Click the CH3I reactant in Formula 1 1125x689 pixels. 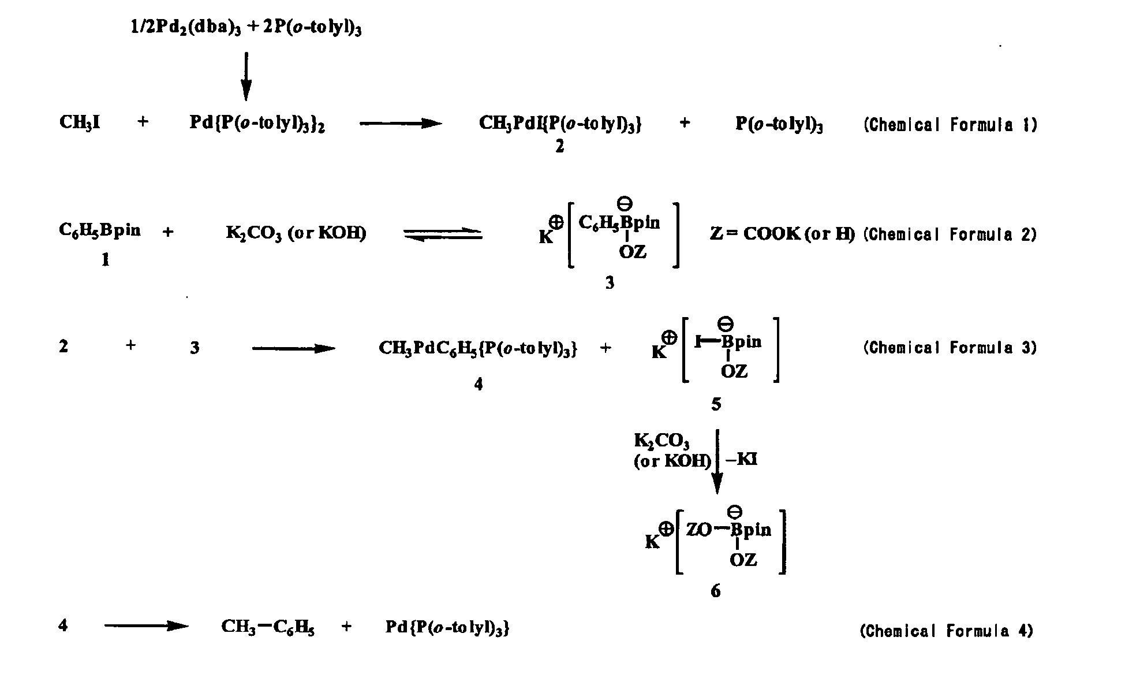[x=80, y=123]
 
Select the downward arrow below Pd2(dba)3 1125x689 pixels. [x=246, y=76]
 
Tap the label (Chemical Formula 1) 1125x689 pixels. [x=950, y=125]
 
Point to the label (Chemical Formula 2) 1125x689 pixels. [x=950, y=234]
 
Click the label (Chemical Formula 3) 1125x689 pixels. [x=950, y=347]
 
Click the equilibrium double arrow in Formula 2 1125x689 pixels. [x=443, y=234]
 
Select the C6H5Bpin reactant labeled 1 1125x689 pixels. [x=99, y=230]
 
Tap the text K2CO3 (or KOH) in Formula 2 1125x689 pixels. [x=296, y=233]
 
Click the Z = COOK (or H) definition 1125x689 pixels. [x=782, y=233]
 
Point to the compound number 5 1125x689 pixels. [x=716, y=404]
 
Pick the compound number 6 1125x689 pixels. [x=716, y=591]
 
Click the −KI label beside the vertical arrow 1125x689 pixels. [x=741, y=460]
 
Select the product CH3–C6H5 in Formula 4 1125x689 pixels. [x=268, y=627]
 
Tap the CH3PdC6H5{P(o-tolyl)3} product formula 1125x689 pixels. [x=478, y=348]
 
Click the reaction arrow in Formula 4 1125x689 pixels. [x=147, y=626]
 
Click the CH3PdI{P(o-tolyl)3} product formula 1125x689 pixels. [x=560, y=123]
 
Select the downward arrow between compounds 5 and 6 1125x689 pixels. [x=717, y=461]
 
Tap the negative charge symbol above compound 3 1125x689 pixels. [x=625, y=203]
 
